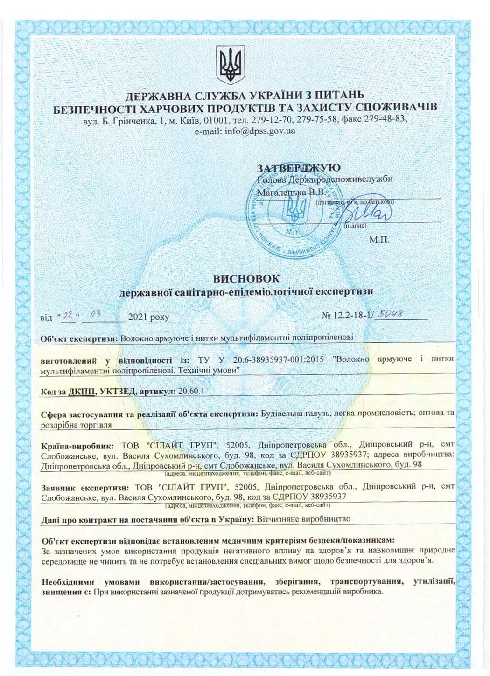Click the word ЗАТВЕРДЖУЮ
tap(299, 168)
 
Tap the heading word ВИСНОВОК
tap(246, 278)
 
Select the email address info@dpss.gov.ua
tap(259, 131)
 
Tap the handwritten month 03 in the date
tap(95, 315)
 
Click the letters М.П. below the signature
tap(379, 241)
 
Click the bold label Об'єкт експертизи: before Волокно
tap(79, 338)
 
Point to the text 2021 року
tap(148, 317)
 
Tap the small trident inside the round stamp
tap(296, 208)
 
